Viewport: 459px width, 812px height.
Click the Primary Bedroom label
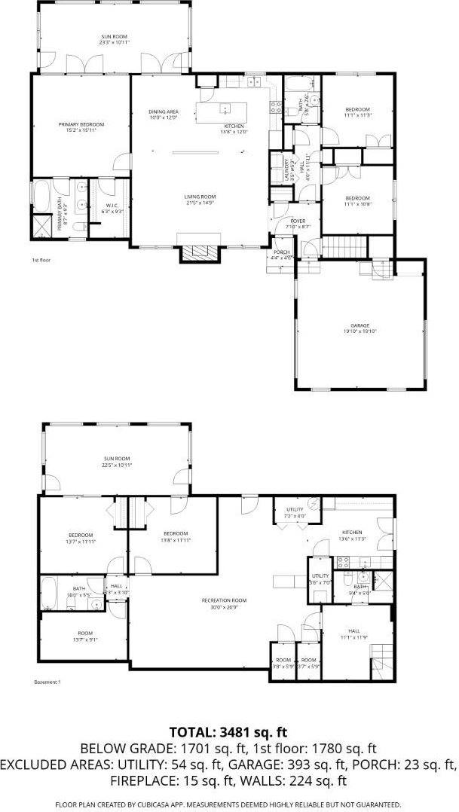click(x=81, y=124)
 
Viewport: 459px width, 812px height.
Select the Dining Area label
click(x=163, y=112)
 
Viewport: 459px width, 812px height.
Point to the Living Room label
click(x=200, y=197)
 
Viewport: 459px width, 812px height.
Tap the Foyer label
click(x=298, y=221)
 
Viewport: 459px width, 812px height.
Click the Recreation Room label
click(x=224, y=600)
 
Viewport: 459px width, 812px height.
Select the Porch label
click(x=282, y=252)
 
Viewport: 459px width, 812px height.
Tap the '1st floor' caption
click(x=40, y=260)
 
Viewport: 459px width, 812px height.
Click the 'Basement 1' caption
click(x=47, y=682)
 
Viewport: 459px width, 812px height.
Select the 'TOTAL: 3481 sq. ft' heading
click(x=229, y=731)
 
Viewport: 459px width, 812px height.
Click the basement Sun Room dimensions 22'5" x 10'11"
click(x=117, y=466)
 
